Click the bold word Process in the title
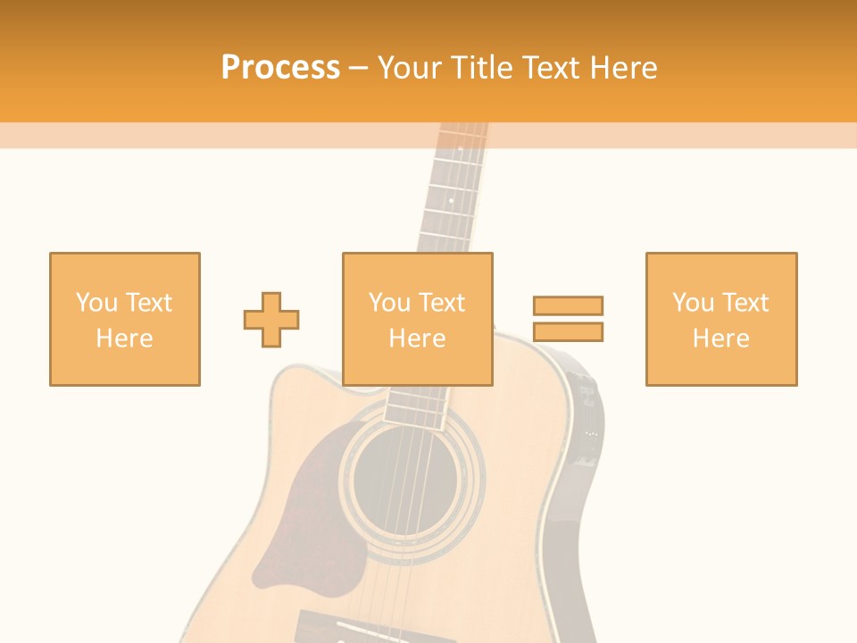coord(280,68)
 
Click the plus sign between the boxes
coord(271,319)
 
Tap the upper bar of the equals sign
coord(568,305)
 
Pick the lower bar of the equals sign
coord(568,331)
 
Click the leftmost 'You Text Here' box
coord(124,319)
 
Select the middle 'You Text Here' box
coord(417,319)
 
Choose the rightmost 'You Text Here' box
coord(720,319)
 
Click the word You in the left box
coord(96,303)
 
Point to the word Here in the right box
coord(720,338)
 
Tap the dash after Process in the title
coord(358,68)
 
